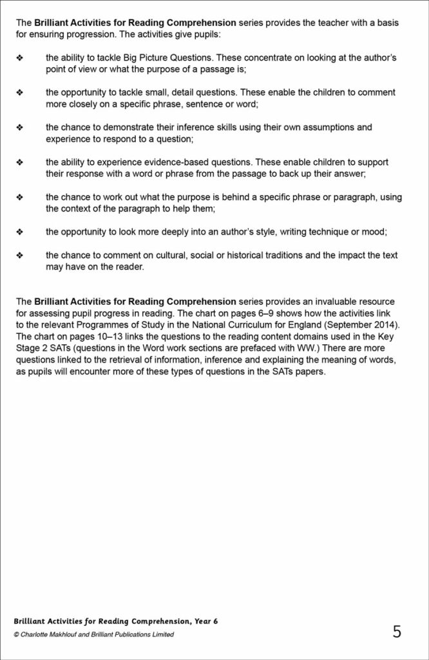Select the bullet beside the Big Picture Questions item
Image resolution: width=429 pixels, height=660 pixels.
pyautogui.click(x=19, y=58)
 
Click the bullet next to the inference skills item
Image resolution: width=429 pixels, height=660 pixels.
pyautogui.click(x=19, y=128)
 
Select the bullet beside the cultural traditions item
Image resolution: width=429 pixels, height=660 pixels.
pyautogui.click(x=19, y=256)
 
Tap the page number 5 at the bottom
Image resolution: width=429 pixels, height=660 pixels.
pyautogui.click(x=397, y=632)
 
